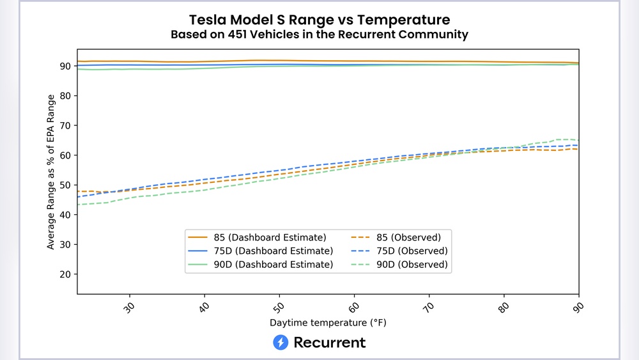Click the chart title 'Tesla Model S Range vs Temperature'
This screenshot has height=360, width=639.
click(x=319, y=19)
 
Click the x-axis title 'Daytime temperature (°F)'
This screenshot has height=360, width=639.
click(x=328, y=323)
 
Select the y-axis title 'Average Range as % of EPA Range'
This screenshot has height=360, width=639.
click(x=50, y=172)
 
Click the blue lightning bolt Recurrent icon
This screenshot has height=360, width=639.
click(x=281, y=343)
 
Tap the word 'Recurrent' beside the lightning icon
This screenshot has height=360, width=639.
click(x=330, y=343)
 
